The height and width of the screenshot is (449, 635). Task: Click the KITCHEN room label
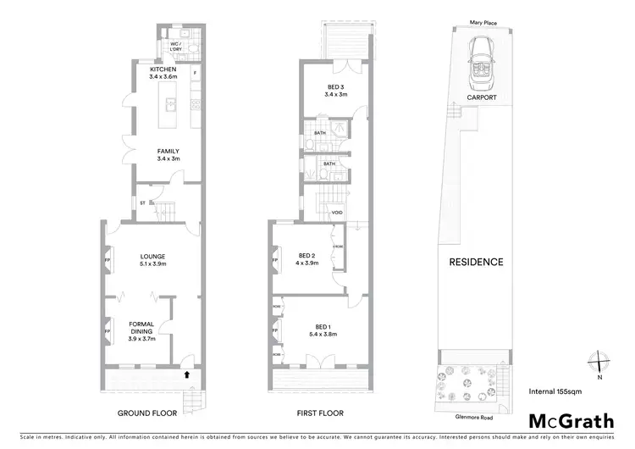click(163, 69)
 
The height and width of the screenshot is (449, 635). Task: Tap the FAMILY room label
click(167, 151)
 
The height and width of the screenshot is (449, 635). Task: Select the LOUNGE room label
click(153, 256)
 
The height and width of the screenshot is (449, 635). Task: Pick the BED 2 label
click(307, 255)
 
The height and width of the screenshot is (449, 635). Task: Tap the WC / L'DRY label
click(176, 46)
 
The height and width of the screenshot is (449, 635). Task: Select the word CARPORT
click(480, 97)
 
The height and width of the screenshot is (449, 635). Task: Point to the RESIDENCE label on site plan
click(476, 262)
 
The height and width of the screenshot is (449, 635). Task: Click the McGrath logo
click(571, 421)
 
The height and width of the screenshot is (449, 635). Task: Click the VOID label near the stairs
click(336, 212)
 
